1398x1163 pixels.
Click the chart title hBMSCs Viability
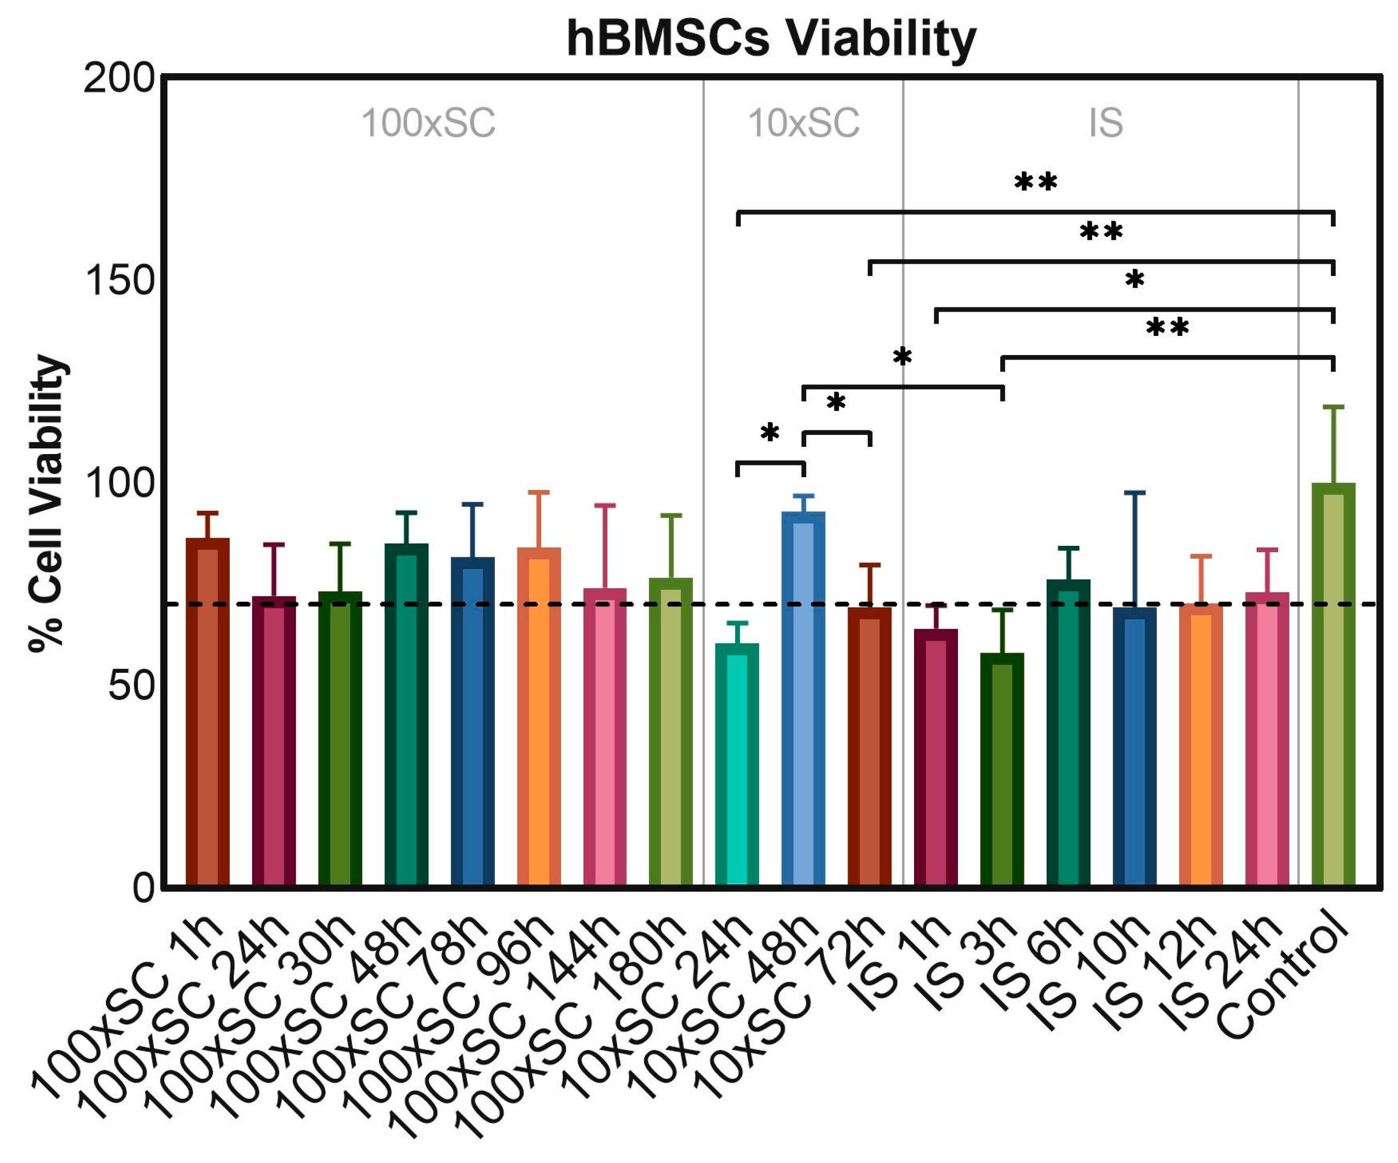pyautogui.click(x=771, y=39)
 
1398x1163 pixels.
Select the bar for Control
pyautogui.click(x=1333, y=686)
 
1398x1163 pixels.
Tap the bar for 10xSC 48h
pyautogui.click(x=803, y=699)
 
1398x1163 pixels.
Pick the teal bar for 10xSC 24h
pyautogui.click(x=737, y=766)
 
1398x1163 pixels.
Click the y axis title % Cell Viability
pyautogui.click(x=48, y=503)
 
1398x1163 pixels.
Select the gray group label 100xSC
pyautogui.click(x=428, y=123)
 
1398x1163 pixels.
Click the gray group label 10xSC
pyautogui.click(x=804, y=123)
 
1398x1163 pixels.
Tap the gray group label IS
pyautogui.click(x=1106, y=123)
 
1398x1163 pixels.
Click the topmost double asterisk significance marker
pyautogui.click(x=1035, y=183)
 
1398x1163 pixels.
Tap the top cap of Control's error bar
pyautogui.click(x=1333, y=406)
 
